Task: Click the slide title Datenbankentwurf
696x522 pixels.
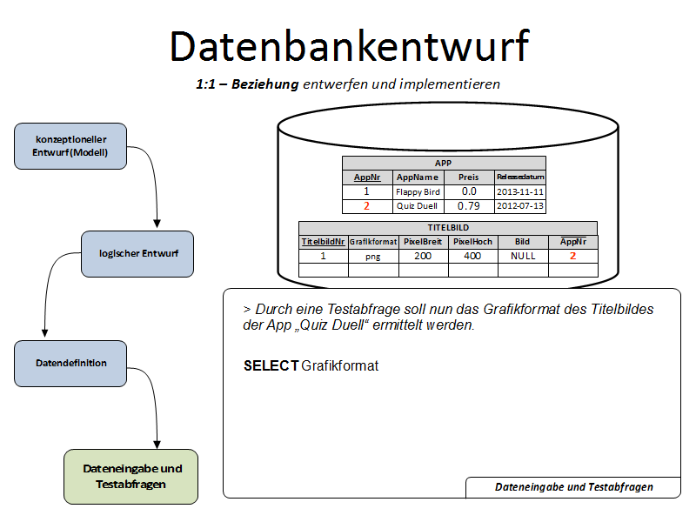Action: (348, 46)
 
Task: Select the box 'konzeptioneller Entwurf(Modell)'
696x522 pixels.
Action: (71, 145)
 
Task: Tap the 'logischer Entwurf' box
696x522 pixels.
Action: (138, 253)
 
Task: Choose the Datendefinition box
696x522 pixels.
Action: (71, 363)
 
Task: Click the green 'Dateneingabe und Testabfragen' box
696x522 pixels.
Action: (131, 476)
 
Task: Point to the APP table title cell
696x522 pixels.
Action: (444, 163)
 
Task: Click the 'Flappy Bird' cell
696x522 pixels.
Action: (418, 191)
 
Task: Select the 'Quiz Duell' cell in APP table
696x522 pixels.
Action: (418, 206)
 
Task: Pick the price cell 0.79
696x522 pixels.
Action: (469, 206)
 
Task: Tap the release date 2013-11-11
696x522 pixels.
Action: (520, 191)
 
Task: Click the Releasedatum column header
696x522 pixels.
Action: (520, 177)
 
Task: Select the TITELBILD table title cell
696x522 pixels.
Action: (448, 226)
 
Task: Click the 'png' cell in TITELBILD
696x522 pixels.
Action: (373, 256)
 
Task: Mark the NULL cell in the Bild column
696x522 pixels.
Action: (523, 256)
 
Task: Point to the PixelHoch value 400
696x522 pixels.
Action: (472, 256)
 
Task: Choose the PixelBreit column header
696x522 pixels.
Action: (423, 241)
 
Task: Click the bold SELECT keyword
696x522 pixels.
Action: (271, 366)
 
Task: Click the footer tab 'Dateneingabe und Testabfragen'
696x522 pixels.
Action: (573, 487)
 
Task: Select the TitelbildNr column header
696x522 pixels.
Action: (323, 241)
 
